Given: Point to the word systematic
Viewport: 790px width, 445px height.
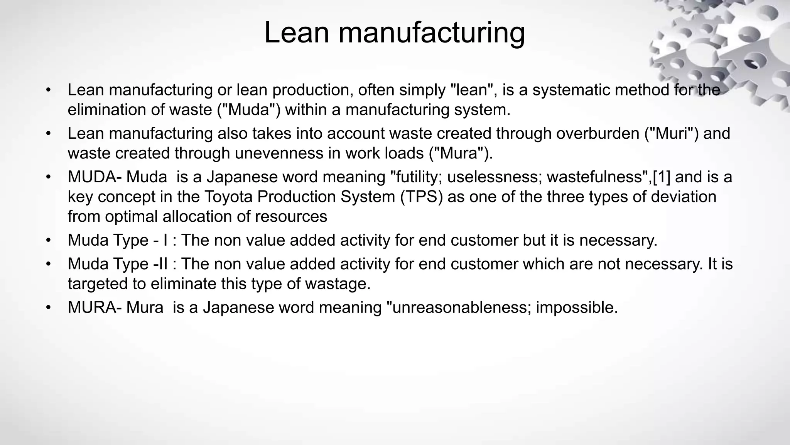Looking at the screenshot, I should click(571, 90).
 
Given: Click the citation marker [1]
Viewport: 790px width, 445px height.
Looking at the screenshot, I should click(662, 177).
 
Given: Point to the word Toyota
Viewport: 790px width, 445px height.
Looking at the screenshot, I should click(228, 197).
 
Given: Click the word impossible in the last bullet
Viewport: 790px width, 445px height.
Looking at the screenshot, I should click(577, 307).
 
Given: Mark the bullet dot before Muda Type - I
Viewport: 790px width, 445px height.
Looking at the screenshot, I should click(48, 240).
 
